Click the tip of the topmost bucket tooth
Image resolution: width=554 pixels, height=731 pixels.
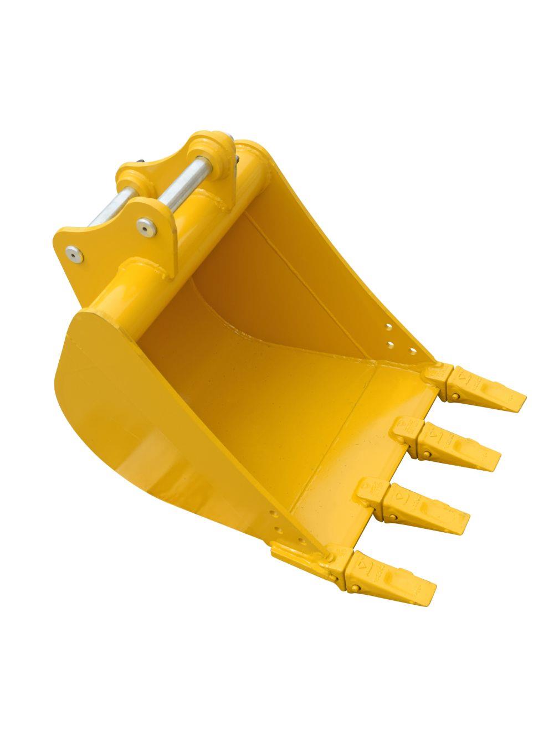[x=523, y=397]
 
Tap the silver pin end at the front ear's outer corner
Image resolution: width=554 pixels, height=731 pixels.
[x=73, y=253]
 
